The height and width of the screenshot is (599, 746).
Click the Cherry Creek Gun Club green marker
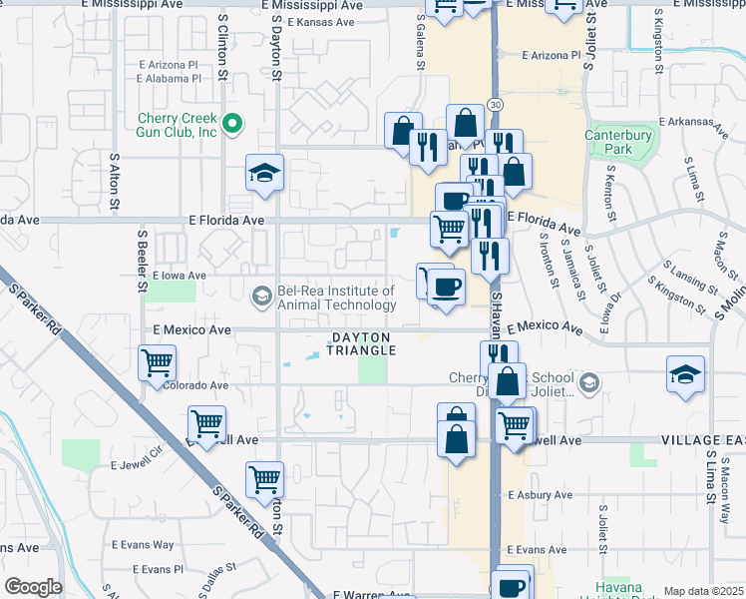(x=232, y=125)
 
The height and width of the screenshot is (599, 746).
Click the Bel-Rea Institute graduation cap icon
(x=261, y=295)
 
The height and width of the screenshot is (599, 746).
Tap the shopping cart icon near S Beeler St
(x=158, y=364)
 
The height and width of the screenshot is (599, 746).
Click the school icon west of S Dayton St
(x=265, y=175)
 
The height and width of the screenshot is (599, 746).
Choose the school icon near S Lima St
(x=686, y=375)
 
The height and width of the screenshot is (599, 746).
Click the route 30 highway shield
(x=496, y=104)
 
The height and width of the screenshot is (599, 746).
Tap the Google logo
(x=34, y=587)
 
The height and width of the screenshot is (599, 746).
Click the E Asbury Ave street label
(x=538, y=495)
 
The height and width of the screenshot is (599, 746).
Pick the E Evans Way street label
(x=143, y=545)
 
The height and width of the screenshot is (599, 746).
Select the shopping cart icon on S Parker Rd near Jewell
(x=207, y=424)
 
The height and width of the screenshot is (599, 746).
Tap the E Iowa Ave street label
(x=180, y=276)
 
